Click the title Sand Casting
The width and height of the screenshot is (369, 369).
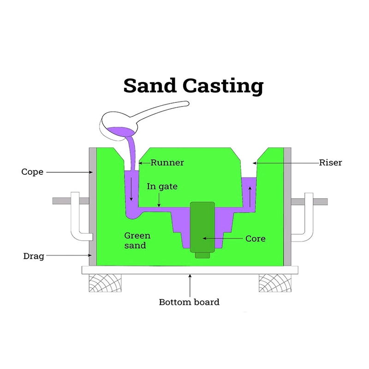tap(193, 86)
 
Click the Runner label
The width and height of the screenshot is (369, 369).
tap(167, 162)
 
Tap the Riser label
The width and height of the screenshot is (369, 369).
tap(330, 163)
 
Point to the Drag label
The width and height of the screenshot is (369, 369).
tap(33, 256)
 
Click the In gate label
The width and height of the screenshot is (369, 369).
tap(162, 187)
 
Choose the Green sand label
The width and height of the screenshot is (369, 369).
tap(137, 240)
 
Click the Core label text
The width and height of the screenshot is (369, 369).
tap(255, 239)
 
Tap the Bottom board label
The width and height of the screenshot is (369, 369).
tap(189, 303)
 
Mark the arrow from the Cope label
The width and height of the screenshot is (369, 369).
tap(69, 172)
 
